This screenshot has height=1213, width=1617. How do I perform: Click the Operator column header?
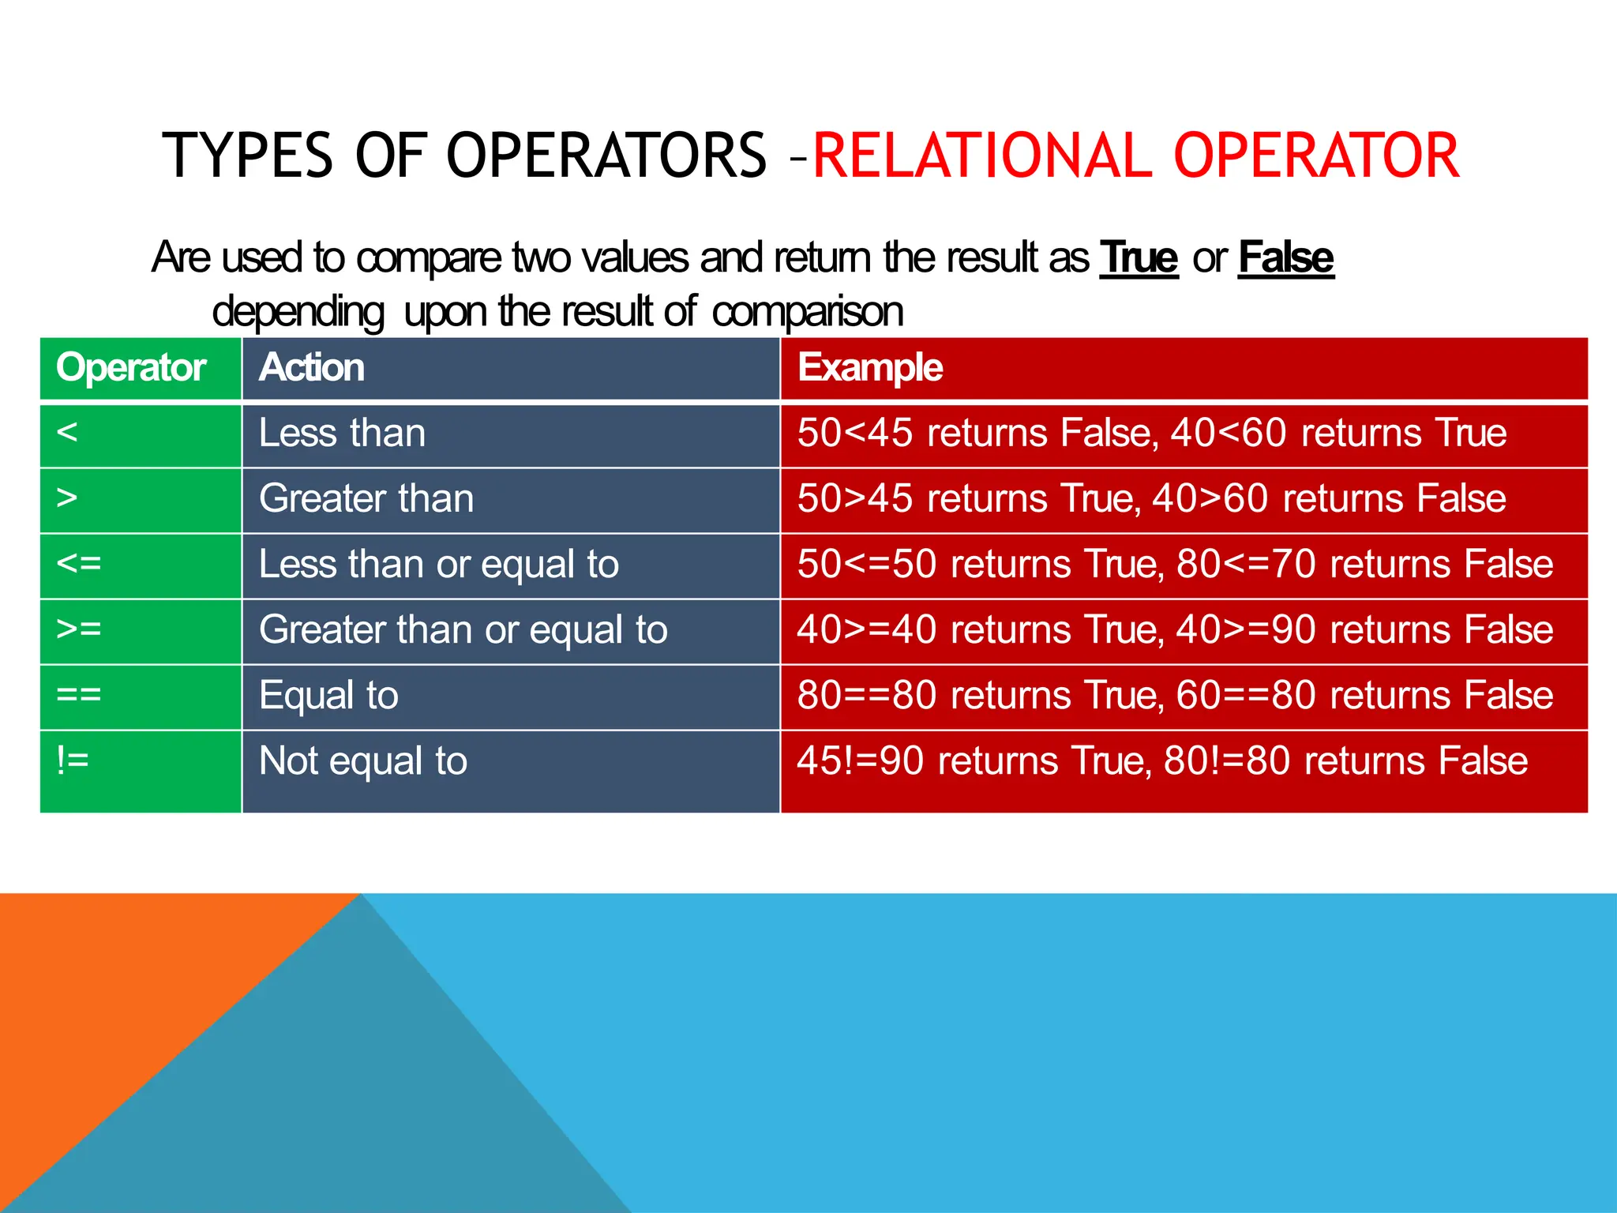(131, 368)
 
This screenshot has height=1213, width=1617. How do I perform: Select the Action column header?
(312, 368)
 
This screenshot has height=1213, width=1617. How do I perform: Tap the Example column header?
(869, 368)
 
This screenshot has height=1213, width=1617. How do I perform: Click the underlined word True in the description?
(1139, 258)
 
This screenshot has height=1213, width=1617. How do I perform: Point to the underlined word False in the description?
(1285, 258)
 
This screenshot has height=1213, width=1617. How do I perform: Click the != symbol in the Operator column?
(73, 760)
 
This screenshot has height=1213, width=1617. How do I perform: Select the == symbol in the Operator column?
(79, 695)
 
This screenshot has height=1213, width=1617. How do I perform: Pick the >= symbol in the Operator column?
(79, 629)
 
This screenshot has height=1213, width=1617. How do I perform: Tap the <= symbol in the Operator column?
(79, 564)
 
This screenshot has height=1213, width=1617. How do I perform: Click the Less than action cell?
(342, 434)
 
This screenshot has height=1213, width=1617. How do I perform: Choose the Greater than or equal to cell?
(463, 630)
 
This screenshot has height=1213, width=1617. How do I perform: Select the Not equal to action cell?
(363, 761)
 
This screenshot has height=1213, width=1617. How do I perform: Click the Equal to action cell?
(328, 696)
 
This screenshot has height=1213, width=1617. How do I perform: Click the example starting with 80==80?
(1175, 696)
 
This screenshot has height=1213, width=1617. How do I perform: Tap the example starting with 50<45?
(1151, 434)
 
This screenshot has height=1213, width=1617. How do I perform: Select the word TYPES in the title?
(248, 156)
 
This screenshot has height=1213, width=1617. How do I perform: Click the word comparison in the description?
(807, 312)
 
